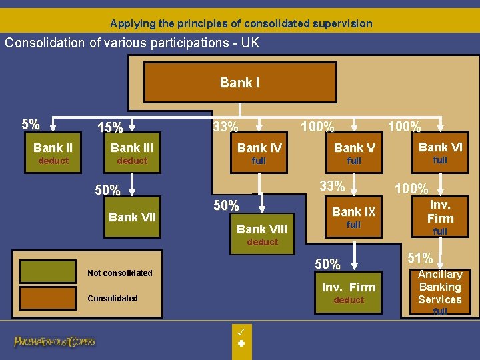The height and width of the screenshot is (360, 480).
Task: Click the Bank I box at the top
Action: click(x=239, y=83)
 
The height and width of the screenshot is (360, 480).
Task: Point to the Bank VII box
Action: click(x=132, y=217)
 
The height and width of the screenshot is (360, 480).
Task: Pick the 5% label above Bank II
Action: click(x=30, y=125)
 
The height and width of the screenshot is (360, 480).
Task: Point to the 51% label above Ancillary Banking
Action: click(x=420, y=258)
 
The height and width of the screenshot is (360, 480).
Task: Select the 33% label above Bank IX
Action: click(x=332, y=186)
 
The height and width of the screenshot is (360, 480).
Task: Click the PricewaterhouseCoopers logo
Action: click(x=55, y=341)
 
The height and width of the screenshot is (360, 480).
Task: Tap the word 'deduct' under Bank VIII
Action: click(x=262, y=242)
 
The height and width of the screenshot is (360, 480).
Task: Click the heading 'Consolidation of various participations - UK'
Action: click(x=132, y=43)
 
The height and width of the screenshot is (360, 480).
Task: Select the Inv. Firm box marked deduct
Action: click(x=349, y=293)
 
